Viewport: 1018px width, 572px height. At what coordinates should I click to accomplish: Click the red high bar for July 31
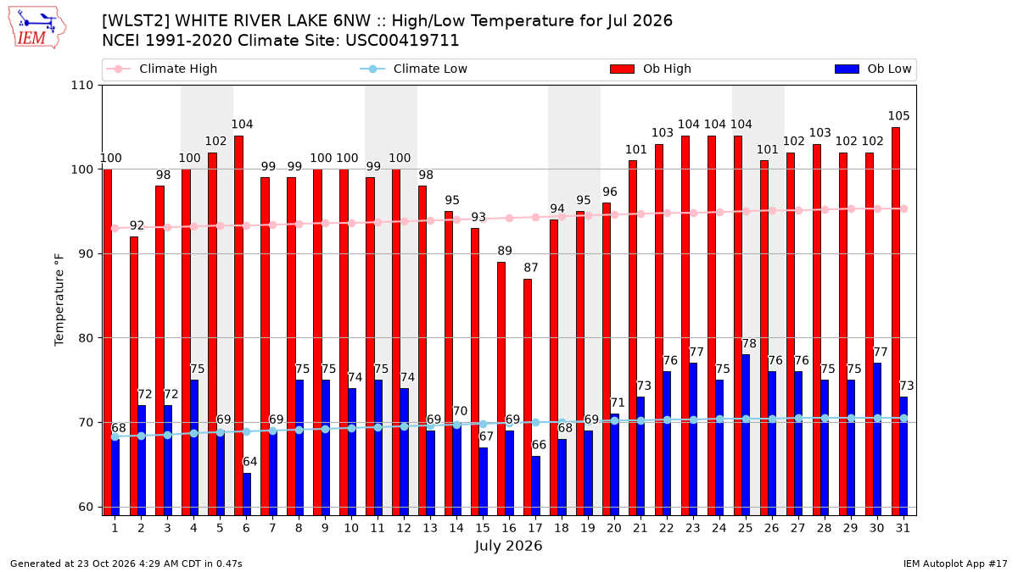tap(895, 321)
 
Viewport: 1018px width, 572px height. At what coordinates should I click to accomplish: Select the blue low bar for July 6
tap(247, 494)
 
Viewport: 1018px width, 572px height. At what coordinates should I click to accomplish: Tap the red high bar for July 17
tap(527, 397)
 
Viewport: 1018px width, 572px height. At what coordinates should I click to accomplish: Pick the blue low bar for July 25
tap(746, 436)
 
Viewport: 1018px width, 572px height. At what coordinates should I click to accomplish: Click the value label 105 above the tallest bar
tap(899, 116)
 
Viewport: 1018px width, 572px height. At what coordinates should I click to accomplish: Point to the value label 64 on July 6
tap(250, 462)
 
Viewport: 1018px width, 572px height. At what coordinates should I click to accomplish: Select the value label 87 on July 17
tap(531, 268)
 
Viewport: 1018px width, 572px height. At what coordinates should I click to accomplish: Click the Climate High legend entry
tap(162, 69)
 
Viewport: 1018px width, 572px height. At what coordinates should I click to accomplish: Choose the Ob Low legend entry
tap(873, 69)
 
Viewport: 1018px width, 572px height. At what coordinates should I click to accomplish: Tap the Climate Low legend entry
tap(414, 69)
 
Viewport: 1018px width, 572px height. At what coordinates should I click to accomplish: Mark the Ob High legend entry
tap(651, 69)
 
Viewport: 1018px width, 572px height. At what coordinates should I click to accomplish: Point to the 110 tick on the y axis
tap(81, 86)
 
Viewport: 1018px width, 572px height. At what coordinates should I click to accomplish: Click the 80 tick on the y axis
tap(86, 338)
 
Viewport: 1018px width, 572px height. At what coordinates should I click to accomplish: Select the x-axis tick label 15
tap(483, 529)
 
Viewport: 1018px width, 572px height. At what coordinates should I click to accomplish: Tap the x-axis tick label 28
tap(824, 529)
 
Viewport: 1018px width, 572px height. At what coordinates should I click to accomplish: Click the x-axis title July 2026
tap(508, 546)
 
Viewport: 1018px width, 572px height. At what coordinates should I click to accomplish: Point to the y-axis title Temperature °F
tap(59, 300)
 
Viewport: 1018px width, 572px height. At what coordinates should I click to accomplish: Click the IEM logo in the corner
tap(37, 28)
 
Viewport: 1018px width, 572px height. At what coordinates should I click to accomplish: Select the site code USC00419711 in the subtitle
tap(402, 41)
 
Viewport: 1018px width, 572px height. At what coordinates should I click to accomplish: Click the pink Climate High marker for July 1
tap(115, 228)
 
